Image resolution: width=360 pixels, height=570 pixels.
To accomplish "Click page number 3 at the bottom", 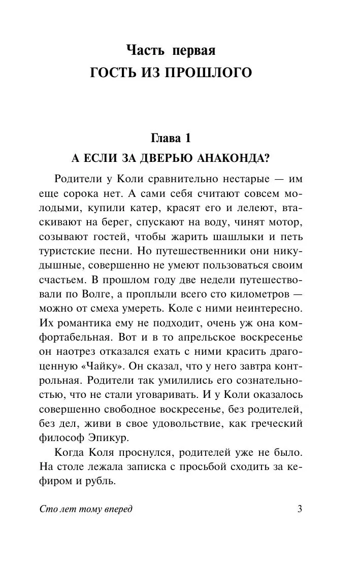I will pyautogui.click(x=300, y=510).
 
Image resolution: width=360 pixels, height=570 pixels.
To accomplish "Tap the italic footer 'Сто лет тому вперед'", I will pyautogui.click(x=85, y=510).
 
